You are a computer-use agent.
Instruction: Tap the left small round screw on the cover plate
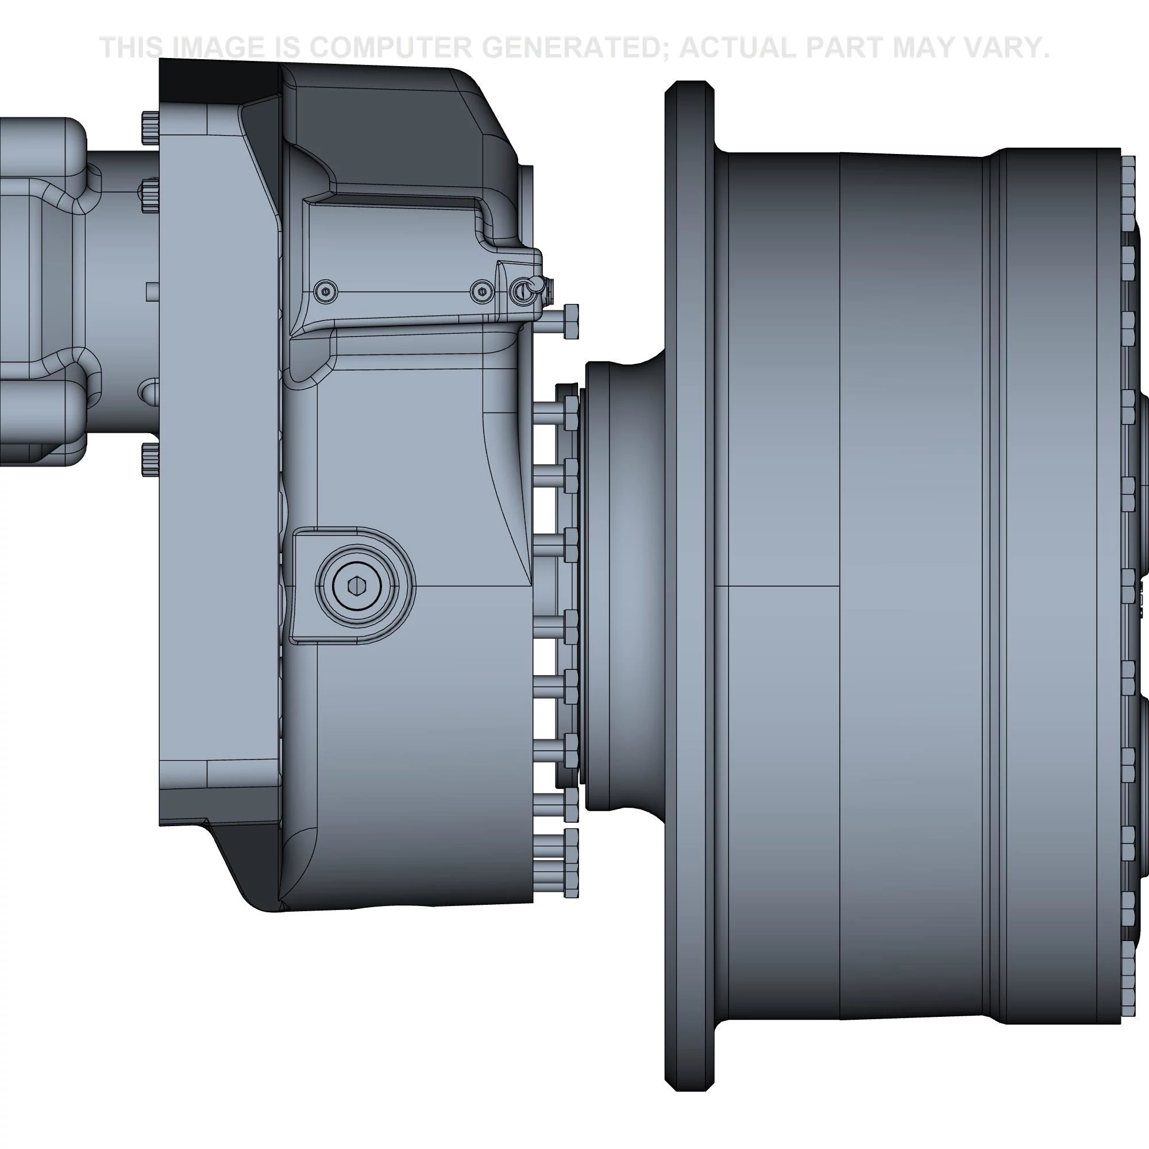tap(325, 291)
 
